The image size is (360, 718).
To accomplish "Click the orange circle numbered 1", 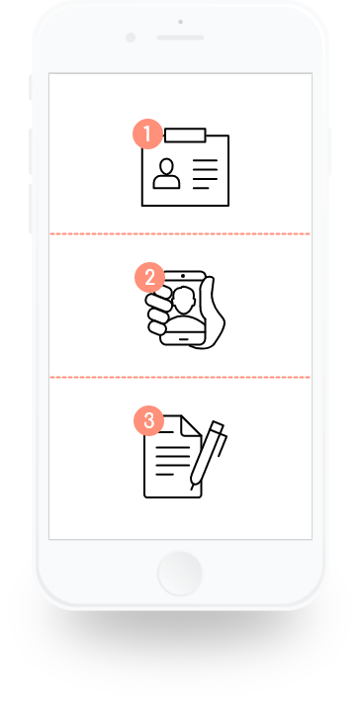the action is [147, 135].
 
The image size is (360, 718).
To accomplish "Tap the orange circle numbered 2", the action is [149, 278].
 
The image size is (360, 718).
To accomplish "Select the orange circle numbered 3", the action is [148, 421].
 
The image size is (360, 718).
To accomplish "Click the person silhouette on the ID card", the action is [166, 173].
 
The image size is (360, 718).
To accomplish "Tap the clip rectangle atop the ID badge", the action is [185, 135].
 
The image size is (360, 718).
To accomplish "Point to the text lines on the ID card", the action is [205, 174].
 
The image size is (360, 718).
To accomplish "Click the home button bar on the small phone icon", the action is [183, 339].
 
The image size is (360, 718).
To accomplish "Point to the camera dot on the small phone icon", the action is [183, 276].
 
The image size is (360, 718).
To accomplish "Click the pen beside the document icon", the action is [209, 455].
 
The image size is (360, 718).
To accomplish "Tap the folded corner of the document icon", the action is [192, 425].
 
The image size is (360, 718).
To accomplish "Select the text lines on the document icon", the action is [172, 461].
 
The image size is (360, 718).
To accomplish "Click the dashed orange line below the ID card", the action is [180, 234].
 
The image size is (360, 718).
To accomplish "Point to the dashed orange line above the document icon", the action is [180, 378].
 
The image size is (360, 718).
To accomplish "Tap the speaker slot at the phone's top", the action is [180, 38].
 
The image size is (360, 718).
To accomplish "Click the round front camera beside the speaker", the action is [131, 38].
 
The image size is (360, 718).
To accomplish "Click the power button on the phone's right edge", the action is [329, 151].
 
